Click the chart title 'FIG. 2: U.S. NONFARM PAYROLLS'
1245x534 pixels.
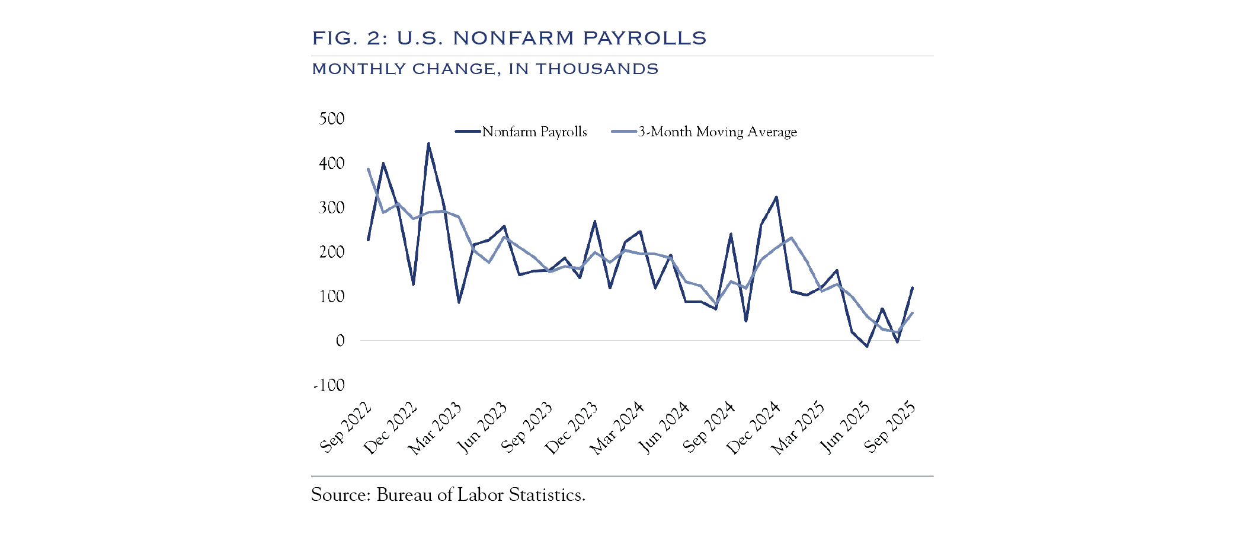(509, 38)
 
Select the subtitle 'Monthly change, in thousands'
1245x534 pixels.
(485, 69)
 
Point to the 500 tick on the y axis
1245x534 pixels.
(332, 119)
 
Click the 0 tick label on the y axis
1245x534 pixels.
(340, 341)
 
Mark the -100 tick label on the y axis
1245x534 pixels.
(329, 385)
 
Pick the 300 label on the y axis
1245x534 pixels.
(332, 207)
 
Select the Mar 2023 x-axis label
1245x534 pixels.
(436, 428)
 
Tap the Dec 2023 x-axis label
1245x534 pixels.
(572, 428)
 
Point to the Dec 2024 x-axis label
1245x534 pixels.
(754, 428)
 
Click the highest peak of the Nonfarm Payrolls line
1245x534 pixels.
(428, 143)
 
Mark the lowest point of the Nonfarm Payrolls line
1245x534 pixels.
(867, 346)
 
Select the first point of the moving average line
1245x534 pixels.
(368, 169)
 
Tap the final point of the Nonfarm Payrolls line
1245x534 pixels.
(912, 288)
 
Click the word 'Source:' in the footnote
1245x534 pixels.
(341, 495)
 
